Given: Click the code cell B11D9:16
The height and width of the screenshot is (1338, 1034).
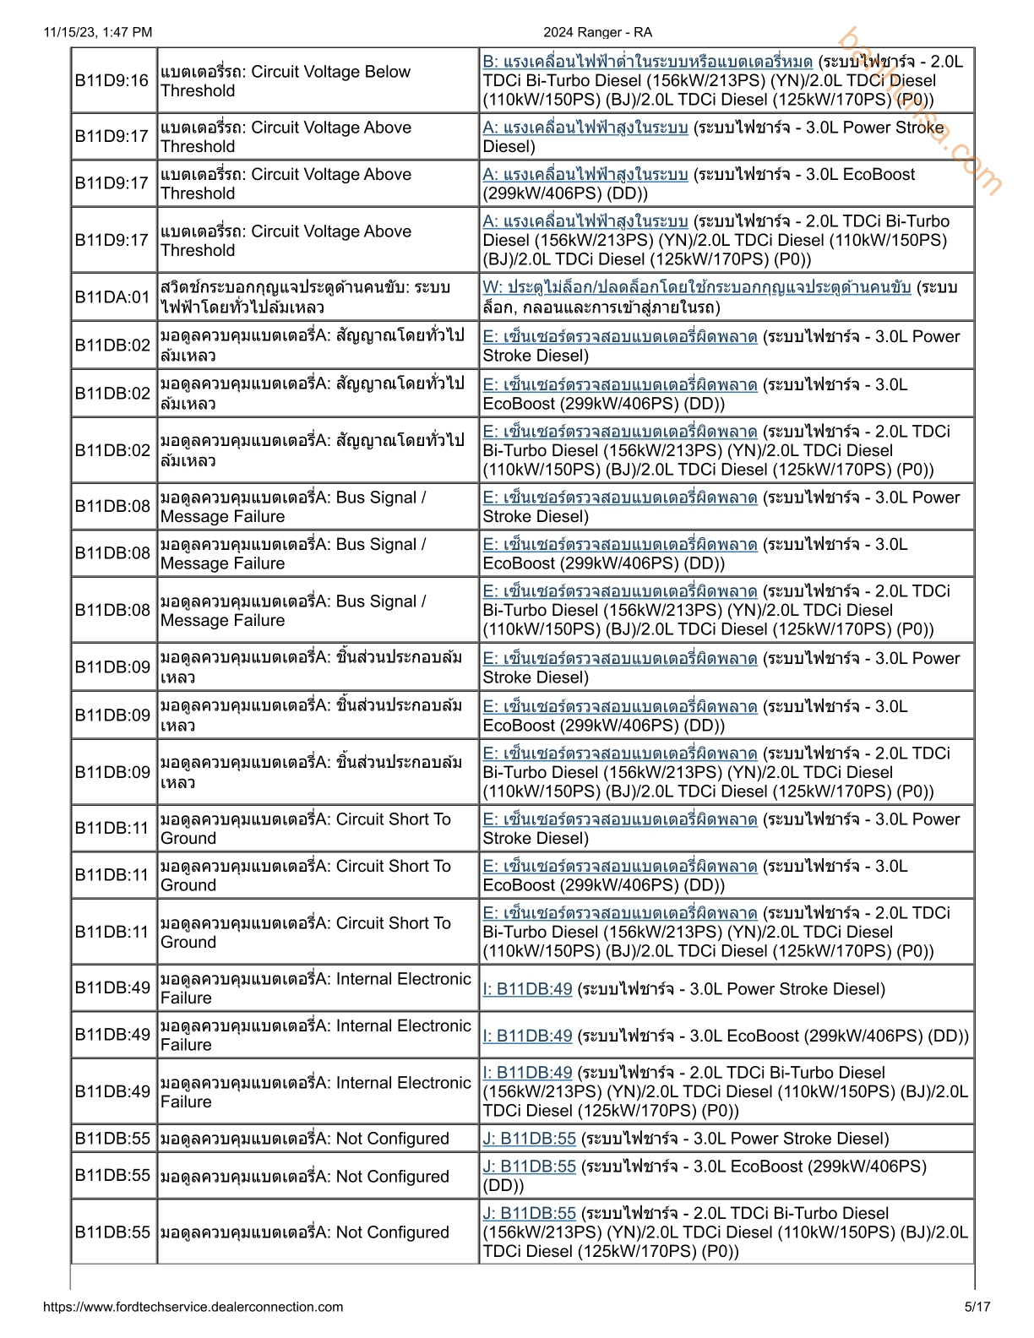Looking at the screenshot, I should point(112,80).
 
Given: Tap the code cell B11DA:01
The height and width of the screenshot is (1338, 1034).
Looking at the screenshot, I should point(112,296).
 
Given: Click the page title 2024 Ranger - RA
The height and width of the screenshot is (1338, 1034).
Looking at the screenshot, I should point(597,32).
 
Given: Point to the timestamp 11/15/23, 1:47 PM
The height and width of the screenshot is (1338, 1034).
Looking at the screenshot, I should point(98,32).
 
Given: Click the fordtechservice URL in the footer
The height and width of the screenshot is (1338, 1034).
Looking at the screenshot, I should point(193,1307).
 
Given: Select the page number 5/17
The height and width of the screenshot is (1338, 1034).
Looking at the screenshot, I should point(977,1307).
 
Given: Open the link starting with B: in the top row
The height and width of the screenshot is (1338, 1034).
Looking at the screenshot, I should point(647,62).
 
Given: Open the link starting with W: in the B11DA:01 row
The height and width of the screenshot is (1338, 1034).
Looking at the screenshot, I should point(696,287).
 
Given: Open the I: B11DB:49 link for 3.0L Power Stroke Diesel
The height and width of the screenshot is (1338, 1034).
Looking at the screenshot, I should point(527,989).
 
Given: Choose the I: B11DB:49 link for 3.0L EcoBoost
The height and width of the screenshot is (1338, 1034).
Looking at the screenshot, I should point(527,1036).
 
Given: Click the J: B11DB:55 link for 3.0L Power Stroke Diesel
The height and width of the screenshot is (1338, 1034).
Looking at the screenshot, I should point(529,1139).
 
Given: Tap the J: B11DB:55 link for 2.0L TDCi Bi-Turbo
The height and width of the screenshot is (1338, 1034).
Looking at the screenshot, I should point(529,1213).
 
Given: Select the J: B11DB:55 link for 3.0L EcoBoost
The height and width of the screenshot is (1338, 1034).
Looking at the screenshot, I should point(529,1167).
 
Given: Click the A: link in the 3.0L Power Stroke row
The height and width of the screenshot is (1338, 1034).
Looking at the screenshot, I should point(585,128).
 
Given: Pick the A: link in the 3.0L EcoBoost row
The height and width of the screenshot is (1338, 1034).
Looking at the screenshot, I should point(585,175).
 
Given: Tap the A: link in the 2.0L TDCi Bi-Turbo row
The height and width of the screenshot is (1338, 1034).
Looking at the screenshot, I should point(585,221).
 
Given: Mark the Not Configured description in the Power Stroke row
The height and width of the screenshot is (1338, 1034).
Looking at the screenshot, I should point(305,1139).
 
